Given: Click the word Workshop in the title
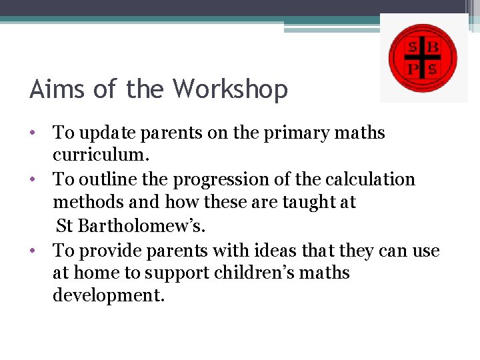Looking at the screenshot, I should (230, 89).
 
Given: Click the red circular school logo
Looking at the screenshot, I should (423, 58).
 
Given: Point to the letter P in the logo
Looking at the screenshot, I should (413, 69).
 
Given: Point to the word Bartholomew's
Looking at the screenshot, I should (141, 225).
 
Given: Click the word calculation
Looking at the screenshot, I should (372, 179).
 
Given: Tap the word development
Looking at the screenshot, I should (108, 295).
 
